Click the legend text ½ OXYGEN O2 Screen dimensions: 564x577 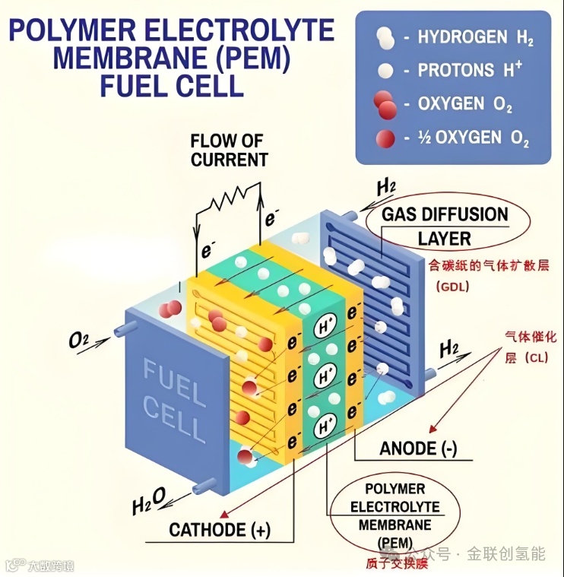(473, 138)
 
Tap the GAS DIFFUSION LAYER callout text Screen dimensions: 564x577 (445, 226)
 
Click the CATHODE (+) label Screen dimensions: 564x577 (220, 530)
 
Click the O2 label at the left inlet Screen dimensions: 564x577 (78, 340)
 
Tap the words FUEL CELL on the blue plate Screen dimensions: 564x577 (174, 400)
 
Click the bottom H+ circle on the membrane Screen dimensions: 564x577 (327, 424)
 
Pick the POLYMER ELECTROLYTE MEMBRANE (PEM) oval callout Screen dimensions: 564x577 (394, 515)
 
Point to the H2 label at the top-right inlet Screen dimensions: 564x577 (387, 186)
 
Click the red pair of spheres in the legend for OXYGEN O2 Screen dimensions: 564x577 (386, 104)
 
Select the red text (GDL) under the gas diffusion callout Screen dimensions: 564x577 (453, 287)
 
